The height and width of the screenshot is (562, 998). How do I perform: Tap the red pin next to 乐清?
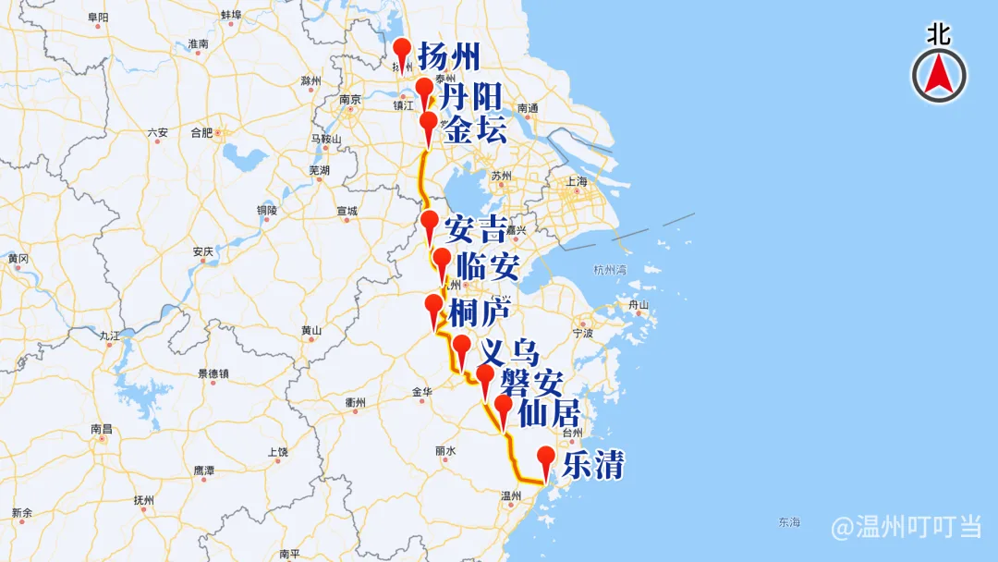546,458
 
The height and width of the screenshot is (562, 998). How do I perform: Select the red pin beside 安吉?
430,223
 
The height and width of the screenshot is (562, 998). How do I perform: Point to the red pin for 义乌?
462,348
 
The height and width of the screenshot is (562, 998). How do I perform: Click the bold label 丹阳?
470,96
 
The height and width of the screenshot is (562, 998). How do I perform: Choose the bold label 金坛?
475,129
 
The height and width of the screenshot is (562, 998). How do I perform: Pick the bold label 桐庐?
479,312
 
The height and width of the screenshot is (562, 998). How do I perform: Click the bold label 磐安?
531,381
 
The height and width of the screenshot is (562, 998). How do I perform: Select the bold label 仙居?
550,412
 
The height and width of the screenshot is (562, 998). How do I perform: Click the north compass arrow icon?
939,75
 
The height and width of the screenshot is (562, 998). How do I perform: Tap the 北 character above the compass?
939,35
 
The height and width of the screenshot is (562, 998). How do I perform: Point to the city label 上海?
576,182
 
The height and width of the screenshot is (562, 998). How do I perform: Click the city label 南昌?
102,429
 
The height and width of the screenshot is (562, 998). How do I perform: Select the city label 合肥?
201,132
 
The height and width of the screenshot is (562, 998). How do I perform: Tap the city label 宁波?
582,331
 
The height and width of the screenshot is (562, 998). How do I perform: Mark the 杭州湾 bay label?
610,270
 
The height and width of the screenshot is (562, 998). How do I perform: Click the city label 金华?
421,392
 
